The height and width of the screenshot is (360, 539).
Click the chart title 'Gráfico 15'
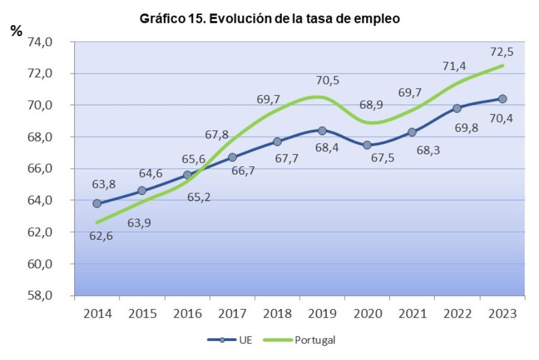[x=269, y=19]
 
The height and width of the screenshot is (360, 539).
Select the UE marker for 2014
[x=97, y=203]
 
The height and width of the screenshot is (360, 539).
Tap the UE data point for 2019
[x=322, y=130]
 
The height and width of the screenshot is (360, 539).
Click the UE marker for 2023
[x=503, y=99]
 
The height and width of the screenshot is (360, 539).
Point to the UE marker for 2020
[x=367, y=145]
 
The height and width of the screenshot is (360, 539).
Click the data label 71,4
[x=455, y=66]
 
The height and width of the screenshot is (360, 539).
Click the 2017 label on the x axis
[x=232, y=313]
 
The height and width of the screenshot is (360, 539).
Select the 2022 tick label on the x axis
[x=457, y=313]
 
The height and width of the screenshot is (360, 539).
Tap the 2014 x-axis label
[x=97, y=313]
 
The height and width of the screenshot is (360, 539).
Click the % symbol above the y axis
[x=16, y=31]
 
